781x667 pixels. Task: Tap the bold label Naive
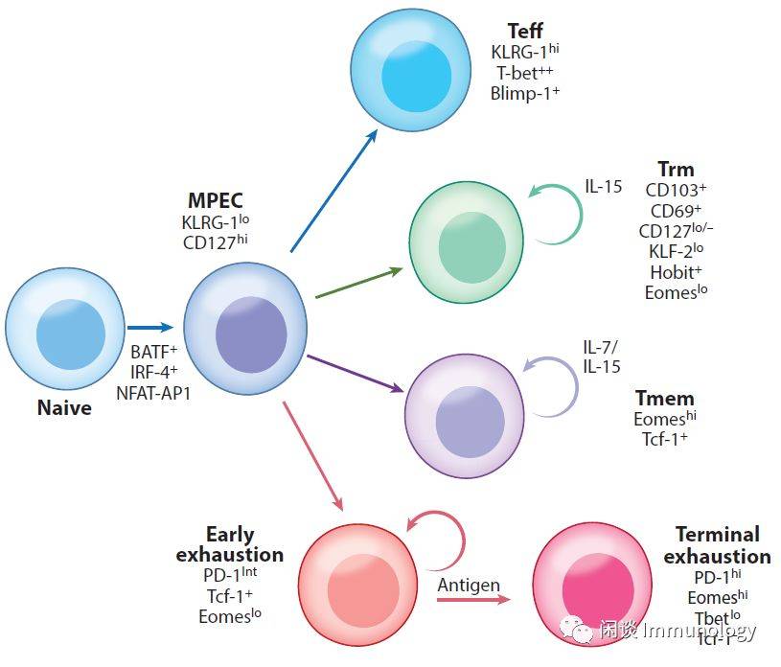pos(64,408)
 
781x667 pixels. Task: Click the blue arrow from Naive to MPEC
pos(150,328)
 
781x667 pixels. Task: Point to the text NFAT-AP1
pos(152,392)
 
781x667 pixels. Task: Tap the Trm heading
pos(676,171)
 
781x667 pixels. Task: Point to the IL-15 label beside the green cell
pos(604,186)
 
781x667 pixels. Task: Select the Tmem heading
pos(664,398)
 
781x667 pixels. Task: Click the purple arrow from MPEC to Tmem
pos(355,374)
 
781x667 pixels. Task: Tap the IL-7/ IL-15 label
pos(602,356)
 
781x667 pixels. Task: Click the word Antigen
pos(469,585)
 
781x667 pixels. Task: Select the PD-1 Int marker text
pos(230,574)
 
